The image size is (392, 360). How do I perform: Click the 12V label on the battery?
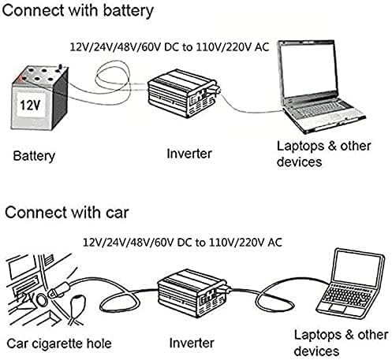point(30,106)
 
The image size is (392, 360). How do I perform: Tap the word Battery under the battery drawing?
point(34,156)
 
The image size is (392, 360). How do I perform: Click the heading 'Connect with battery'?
point(77,11)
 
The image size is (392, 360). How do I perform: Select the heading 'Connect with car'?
point(67,212)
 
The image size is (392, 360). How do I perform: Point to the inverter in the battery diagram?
point(183,93)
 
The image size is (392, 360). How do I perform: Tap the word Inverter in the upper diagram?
point(189,154)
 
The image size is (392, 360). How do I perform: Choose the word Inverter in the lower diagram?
point(192,343)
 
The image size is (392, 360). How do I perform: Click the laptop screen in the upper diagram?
point(308,72)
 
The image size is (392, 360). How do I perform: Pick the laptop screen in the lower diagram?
point(357,268)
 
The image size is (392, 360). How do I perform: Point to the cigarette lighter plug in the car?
point(59,289)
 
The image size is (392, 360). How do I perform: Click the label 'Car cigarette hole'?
point(59,343)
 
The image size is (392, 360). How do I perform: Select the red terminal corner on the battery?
point(20,78)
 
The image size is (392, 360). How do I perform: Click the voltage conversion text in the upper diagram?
point(170,47)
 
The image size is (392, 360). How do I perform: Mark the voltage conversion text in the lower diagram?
point(182,242)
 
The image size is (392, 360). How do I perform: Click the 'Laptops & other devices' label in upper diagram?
point(323,154)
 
